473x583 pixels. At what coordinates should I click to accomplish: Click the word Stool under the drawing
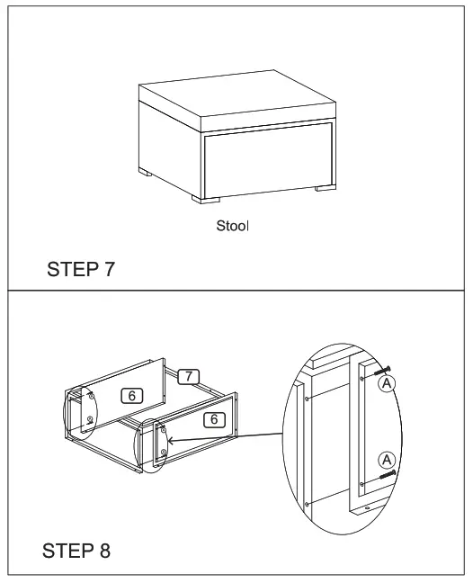(232, 226)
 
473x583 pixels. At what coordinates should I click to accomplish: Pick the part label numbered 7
(188, 375)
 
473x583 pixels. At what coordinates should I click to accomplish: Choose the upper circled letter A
(388, 383)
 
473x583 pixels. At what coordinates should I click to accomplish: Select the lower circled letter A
(388, 458)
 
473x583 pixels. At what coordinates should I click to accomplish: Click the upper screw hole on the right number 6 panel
(162, 431)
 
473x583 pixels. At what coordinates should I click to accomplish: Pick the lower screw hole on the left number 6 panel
(90, 420)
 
